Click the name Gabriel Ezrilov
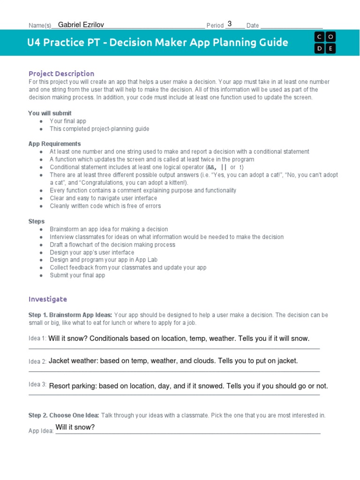(82, 24)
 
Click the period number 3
(229, 24)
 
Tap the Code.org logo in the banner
(325, 43)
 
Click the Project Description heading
(61, 74)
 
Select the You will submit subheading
(50, 113)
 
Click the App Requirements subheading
(54, 144)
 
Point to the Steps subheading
(37, 221)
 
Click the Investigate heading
(48, 299)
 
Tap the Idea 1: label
(37, 338)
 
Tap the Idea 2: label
(37, 361)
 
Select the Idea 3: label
(37, 384)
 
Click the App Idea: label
(41, 430)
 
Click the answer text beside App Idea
(75, 427)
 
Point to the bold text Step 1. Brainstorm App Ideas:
(70, 315)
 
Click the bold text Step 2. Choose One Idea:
(64, 415)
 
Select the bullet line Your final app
(68, 121)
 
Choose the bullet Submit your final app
(77, 275)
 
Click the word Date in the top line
(252, 26)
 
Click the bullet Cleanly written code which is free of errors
(105, 206)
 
